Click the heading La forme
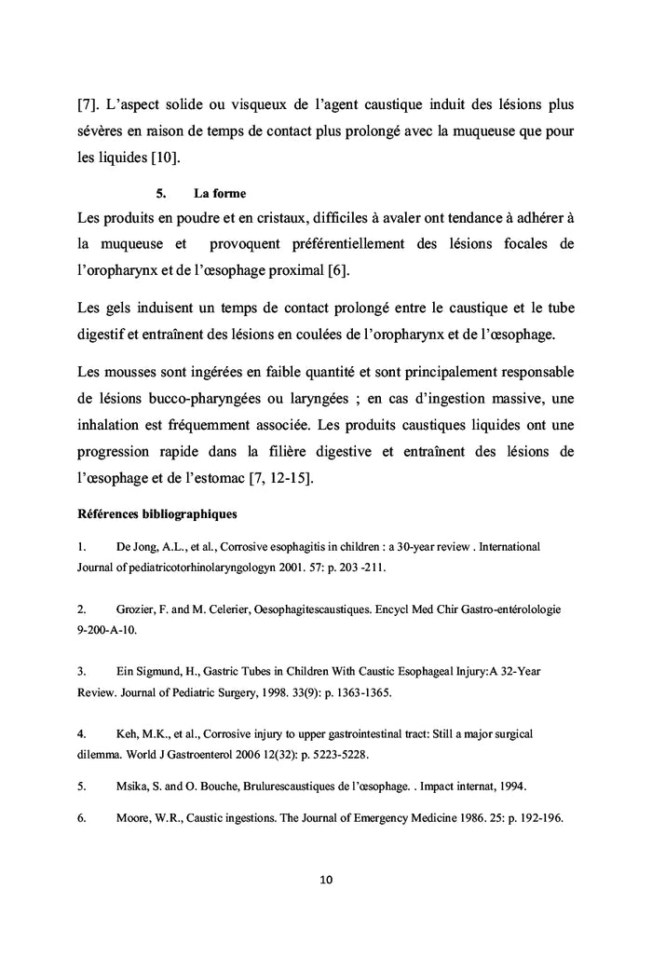pos(220,194)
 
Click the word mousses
pos(130,372)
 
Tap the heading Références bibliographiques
pos(156,513)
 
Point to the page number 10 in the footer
pos(326,879)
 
